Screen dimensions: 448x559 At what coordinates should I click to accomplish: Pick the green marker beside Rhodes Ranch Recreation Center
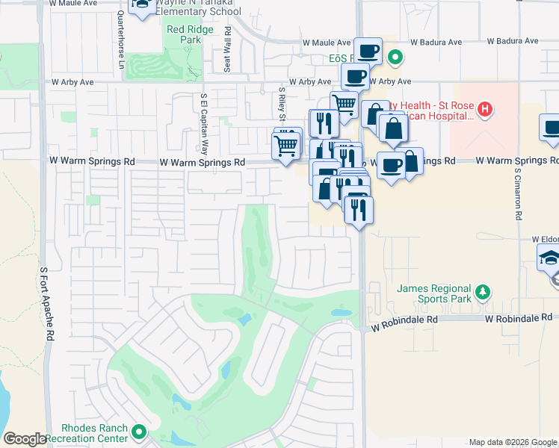click(x=139, y=432)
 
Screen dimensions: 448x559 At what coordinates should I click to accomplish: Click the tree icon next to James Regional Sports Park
click(x=484, y=290)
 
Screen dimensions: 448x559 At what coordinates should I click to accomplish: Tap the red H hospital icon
click(x=485, y=111)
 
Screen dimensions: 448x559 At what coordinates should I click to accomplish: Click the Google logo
click(x=25, y=439)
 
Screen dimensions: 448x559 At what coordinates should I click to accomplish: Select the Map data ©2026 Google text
click(x=512, y=442)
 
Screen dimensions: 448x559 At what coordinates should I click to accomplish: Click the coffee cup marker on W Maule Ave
click(x=368, y=52)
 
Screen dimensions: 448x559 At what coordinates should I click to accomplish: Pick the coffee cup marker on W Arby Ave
click(x=355, y=76)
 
